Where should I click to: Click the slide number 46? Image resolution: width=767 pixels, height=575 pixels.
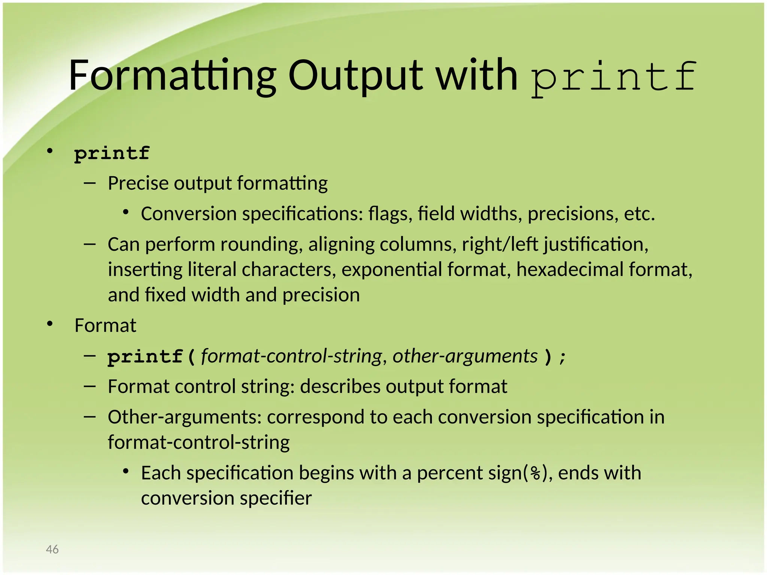click(x=52, y=549)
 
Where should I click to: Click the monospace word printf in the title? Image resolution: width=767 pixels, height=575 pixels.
click(x=613, y=77)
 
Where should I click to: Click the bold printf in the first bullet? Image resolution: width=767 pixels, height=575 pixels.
click(x=112, y=153)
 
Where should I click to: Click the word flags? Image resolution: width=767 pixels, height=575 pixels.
click(x=390, y=214)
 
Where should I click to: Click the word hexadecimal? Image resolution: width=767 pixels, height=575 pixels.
click(x=570, y=270)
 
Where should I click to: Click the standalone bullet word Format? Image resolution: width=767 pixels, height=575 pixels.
click(x=105, y=325)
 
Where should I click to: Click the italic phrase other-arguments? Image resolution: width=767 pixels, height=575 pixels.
click(x=465, y=356)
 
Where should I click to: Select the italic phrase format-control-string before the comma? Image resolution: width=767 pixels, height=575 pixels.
click(x=291, y=356)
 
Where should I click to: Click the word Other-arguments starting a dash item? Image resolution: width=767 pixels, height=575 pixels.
click(x=184, y=417)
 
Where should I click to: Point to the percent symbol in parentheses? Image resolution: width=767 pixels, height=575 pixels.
click(x=536, y=474)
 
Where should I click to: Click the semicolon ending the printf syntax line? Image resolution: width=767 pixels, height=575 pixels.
click(x=562, y=357)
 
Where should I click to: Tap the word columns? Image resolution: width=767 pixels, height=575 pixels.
click(x=418, y=244)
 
